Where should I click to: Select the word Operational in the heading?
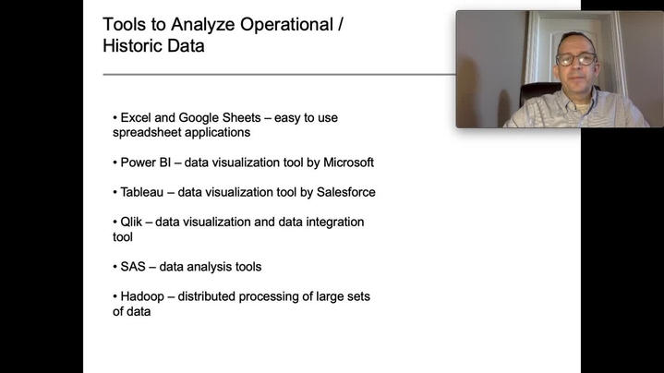click(x=286, y=25)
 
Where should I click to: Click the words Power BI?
click(x=145, y=162)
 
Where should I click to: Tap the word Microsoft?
click(x=348, y=162)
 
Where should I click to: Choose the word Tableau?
click(x=142, y=192)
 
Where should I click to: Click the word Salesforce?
click(x=346, y=192)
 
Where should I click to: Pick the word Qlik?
click(x=131, y=222)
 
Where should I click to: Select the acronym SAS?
click(x=133, y=267)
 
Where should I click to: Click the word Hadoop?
click(x=142, y=297)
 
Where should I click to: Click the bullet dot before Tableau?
click(x=115, y=193)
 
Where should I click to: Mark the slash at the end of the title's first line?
click(x=341, y=25)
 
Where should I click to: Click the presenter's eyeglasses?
click(x=576, y=59)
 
